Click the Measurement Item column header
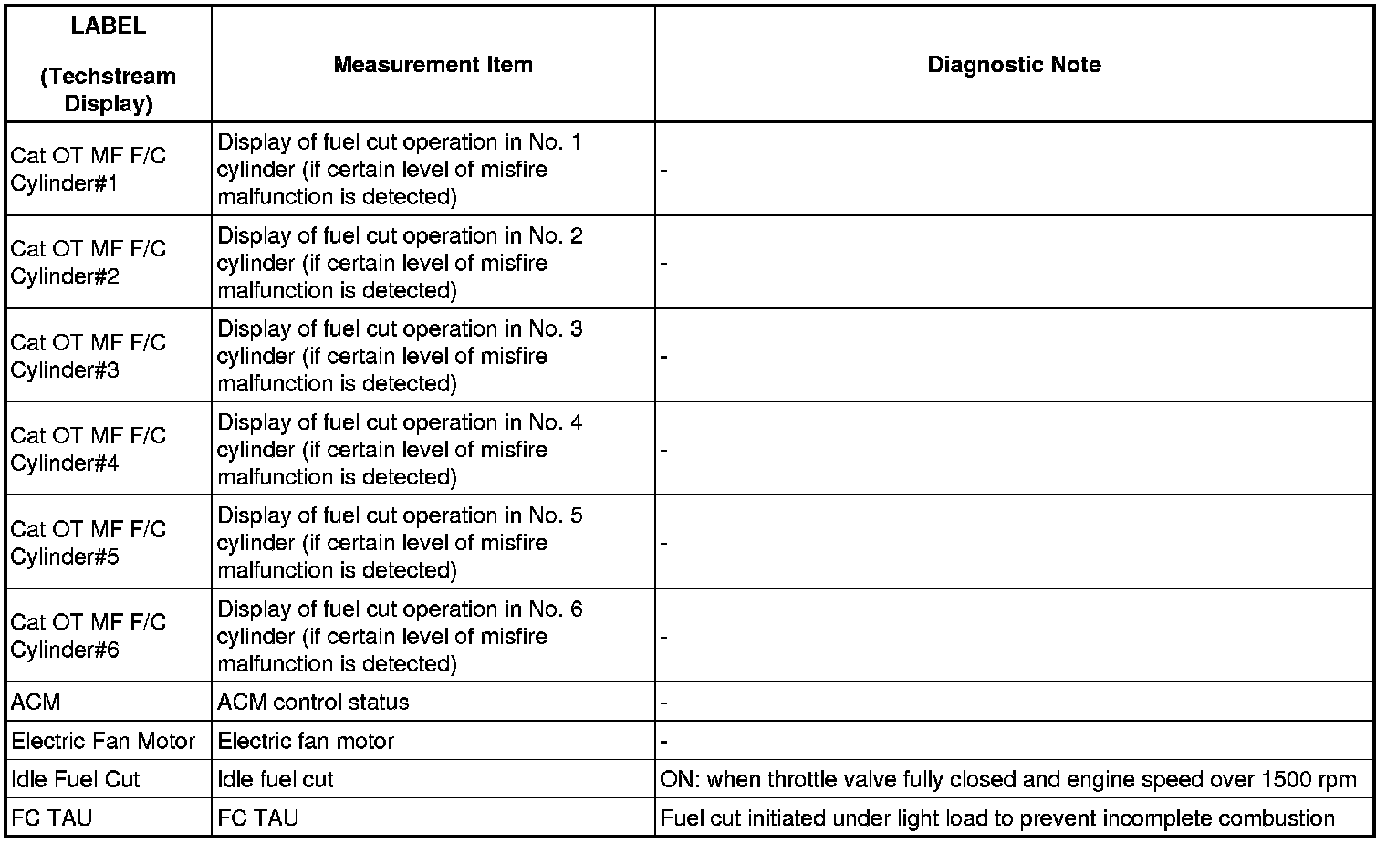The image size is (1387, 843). pyautogui.click(x=433, y=65)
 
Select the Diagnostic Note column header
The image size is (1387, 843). pyautogui.click(x=1014, y=65)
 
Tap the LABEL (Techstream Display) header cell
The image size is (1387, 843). pyautogui.click(x=108, y=65)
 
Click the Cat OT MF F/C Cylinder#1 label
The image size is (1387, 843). pyautogui.click(x=89, y=170)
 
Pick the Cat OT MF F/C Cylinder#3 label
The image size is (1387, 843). pyautogui.click(x=89, y=356)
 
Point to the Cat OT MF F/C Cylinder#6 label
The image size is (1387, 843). pyautogui.click(x=89, y=636)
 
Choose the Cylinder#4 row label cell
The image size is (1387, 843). pyautogui.click(x=89, y=449)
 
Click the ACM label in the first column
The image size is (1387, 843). pyautogui.click(x=36, y=702)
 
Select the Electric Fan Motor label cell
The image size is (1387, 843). pyautogui.click(x=103, y=741)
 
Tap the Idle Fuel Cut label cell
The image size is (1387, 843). pyautogui.click(x=76, y=780)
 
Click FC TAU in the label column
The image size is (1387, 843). pyautogui.click(x=51, y=818)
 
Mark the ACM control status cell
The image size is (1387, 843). pyautogui.click(x=313, y=702)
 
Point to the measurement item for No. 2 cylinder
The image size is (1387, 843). pyautogui.click(x=400, y=263)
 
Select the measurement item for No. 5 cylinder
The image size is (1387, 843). pyautogui.click(x=400, y=543)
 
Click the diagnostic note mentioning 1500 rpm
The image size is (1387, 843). pyautogui.click(x=1008, y=780)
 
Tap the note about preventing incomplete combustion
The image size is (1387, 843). pyautogui.click(x=997, y=818)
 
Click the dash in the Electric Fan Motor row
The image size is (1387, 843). pyautogui.click(x=664, y=742)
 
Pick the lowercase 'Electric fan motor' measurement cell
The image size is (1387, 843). pyautogui.click(x=306, y=741)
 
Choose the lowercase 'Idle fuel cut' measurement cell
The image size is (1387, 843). pyautogui.click(x=276, y=780)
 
